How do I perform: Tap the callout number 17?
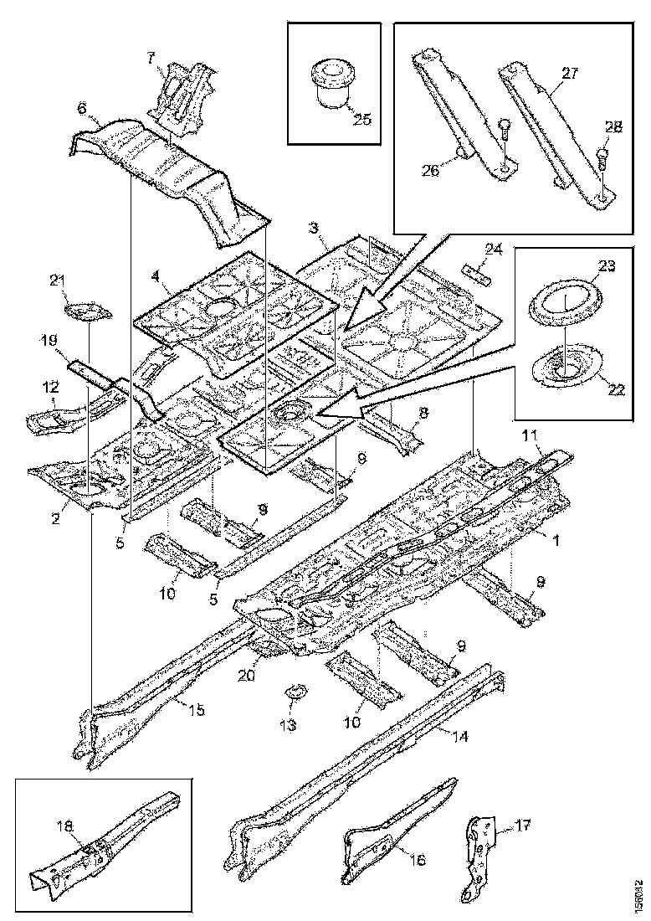[x=523, y=825]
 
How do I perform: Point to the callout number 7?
[x=151, y=58]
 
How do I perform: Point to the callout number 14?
[x=460, y=738]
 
